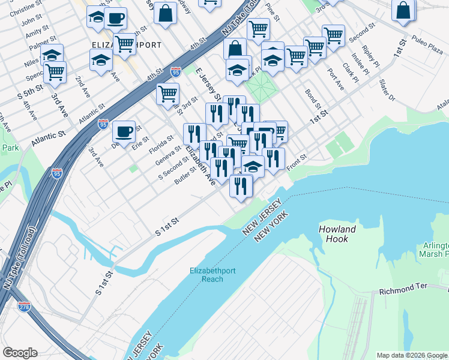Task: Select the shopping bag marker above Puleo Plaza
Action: tap(403, 10)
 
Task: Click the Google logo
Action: tap(20, 353)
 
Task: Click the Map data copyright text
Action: tap(412, 355)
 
